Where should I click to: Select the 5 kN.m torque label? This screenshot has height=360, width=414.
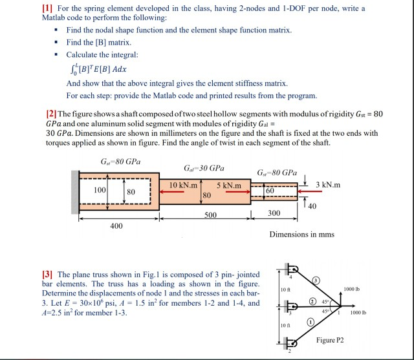[229, 186]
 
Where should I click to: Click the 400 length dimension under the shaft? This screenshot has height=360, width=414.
[116, 226]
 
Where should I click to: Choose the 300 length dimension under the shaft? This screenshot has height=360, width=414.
[274, 213]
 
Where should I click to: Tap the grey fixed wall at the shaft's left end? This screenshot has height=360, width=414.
[75, 192]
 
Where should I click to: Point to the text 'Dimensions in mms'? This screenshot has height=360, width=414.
[301, 234]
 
